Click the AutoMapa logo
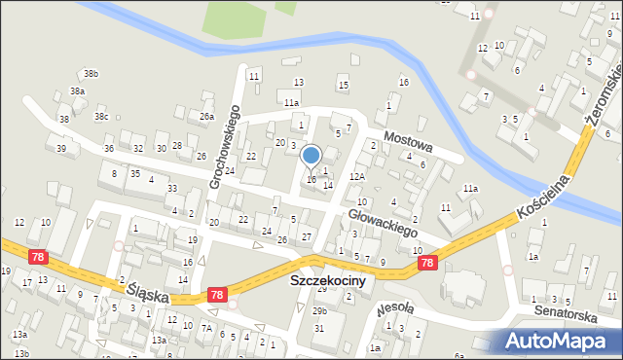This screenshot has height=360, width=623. click(560, 341)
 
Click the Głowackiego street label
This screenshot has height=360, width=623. click(382, 222)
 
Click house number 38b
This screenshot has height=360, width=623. click(91, 74)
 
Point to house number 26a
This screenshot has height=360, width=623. click(206, 117)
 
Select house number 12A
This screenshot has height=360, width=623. click(357, 176)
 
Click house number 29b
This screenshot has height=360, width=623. click(319, 310)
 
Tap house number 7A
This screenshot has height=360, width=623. click(206, 329)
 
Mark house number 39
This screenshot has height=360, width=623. click(61, 149)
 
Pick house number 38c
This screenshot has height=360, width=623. click(101, 117)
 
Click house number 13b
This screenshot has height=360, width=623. click(21, 353)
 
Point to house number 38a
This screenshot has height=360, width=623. click(77, 91)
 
